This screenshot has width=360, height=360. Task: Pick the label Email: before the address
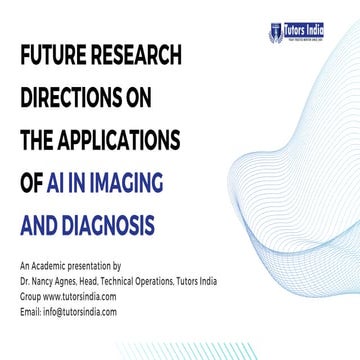pyautogui.click(x=30, y=311)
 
